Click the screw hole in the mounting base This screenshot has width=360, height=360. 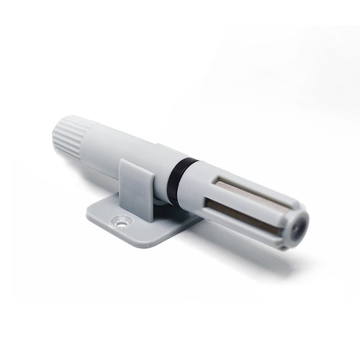point(122,221)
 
